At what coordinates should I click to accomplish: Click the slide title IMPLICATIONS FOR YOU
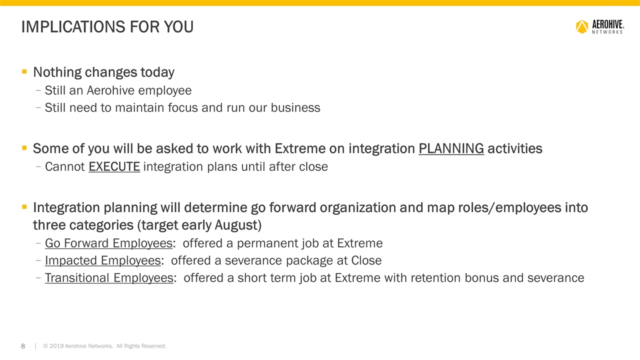[107, 27]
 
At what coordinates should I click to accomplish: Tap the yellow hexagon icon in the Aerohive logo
[582, 26]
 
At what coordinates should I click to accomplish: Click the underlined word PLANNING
[451, 148]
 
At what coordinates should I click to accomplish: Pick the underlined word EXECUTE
[114, 166]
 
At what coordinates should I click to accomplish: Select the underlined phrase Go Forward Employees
[108, 243]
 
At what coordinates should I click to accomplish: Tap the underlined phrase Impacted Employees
[102, 260]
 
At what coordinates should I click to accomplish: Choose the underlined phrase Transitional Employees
[109, 277]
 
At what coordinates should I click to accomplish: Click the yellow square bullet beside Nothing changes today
[24, 72]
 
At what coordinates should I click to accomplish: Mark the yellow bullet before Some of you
[24, 148]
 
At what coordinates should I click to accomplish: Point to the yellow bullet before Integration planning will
[24, 207]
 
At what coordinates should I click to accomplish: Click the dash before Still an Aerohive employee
[39, 91]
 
